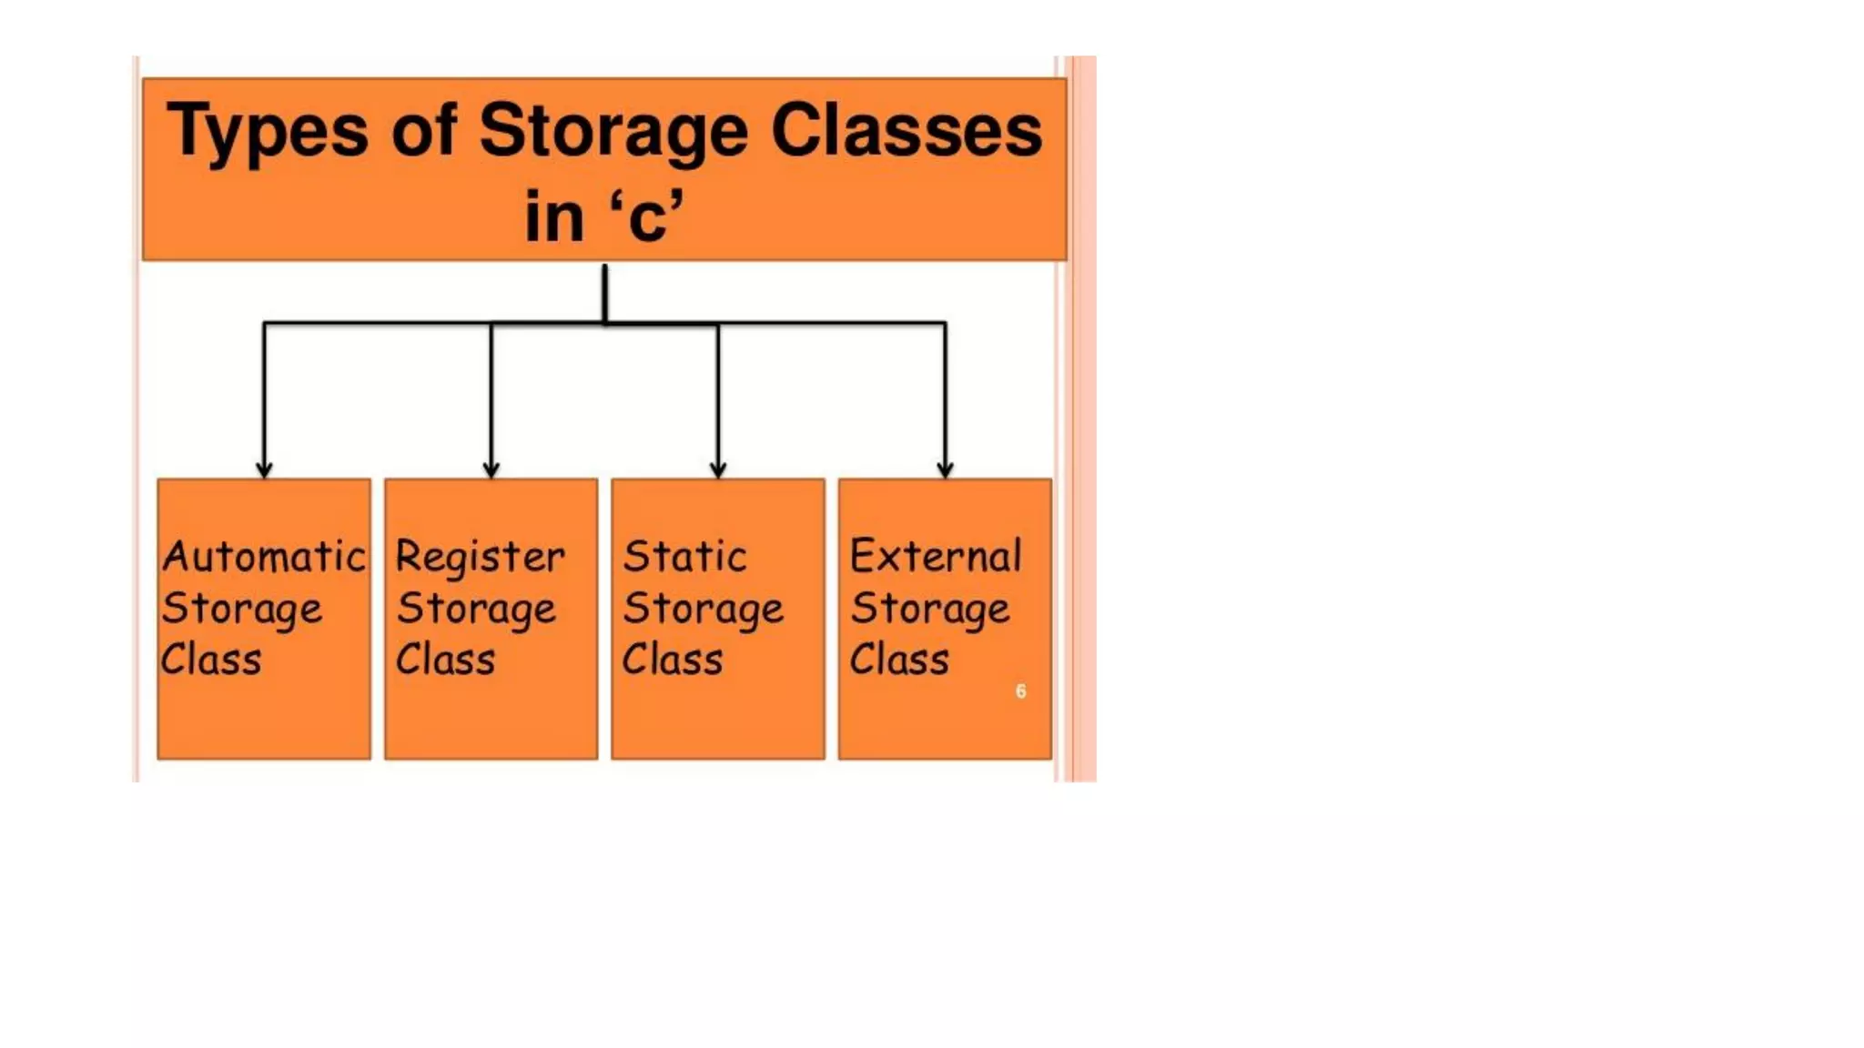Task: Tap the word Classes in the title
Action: tap(907, 131)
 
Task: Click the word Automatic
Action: tap(264, 556)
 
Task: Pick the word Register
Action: tap(481, 558)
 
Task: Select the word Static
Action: tap(684, 556)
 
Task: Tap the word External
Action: tap(936, 556)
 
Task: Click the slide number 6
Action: tap(1020, 691)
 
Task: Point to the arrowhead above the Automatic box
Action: tap(264, 469)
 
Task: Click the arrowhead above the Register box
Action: tap(491, 469)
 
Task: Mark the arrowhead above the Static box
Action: tap(718, 469)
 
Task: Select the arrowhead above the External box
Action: tap(945, 469)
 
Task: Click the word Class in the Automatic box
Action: tap(211, 660)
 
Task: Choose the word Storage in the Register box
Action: tap(476, 609)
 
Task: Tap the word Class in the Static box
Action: tap(673, 660)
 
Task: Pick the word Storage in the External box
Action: tap(930, 609)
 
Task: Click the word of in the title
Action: tap(424, 131)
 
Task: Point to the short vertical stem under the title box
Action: tap(604, 293)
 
